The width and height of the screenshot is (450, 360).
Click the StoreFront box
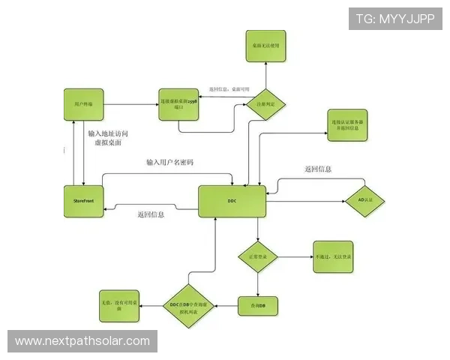tap(83, 200)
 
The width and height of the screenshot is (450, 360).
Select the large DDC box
tap(232, 201)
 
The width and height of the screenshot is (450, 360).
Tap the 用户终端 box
tap(83, 102)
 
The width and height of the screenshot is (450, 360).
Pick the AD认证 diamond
tap(367, 200)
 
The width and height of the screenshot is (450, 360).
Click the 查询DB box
tap(258, 305)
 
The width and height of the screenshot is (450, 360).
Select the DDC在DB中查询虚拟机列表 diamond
tap(190, 305)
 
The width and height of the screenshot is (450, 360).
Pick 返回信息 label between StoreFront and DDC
tap(151, 214)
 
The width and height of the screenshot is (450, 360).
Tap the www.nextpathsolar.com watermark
tap(83, 341)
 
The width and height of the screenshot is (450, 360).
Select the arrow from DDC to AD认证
tap(304, 201)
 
